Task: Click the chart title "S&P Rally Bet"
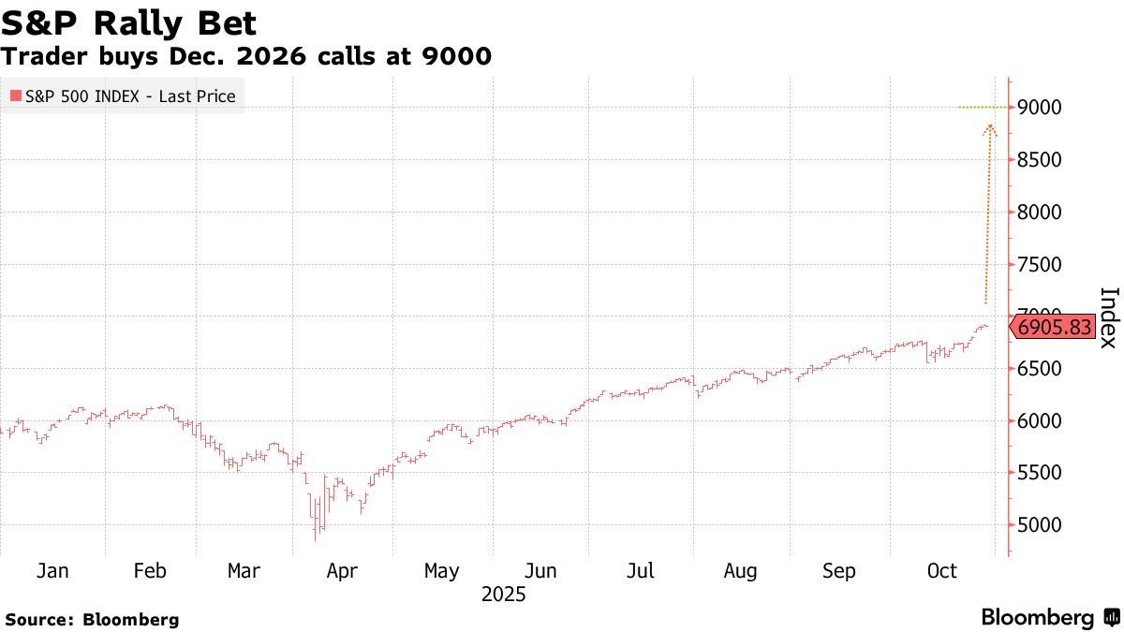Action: click(x=129, y=22)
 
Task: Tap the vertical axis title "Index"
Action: click(x=1108, y=317)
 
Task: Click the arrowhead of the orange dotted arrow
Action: click(x=990, y=126)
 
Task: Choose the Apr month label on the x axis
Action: click(x=342, y=571)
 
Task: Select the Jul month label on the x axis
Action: click(x=641, y=571)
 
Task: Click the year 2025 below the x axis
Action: click(x=504, y=595)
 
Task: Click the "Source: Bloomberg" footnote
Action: click(x=92, y=619)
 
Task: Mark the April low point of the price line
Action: click(x=316, y=539)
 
